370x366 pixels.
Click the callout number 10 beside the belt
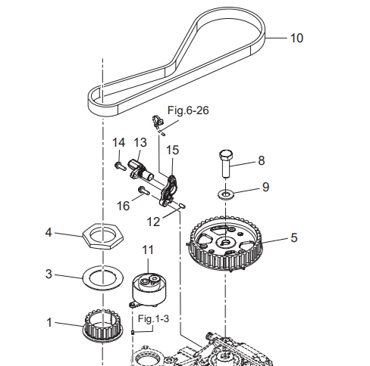296,38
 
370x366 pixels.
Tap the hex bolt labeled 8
227,164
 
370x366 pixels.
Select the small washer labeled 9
226,194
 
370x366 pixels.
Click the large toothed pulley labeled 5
226,243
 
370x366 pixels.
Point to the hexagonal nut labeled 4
103,236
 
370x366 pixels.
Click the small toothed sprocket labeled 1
103,326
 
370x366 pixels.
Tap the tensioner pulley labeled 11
149,289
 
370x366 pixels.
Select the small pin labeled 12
183,206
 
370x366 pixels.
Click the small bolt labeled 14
121,166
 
